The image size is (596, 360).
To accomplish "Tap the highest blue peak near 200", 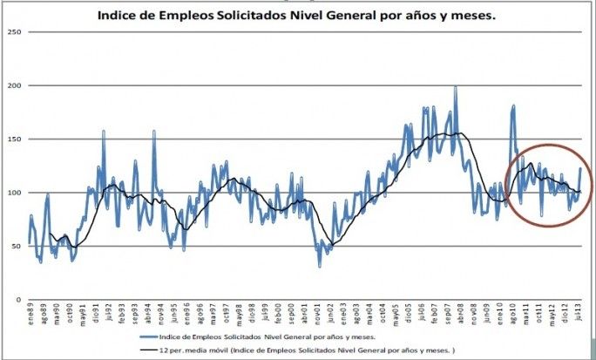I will point(455,87).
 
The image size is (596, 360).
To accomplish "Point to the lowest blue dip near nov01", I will point(319,265).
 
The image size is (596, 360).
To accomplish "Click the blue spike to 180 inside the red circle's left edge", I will point(513,106).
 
